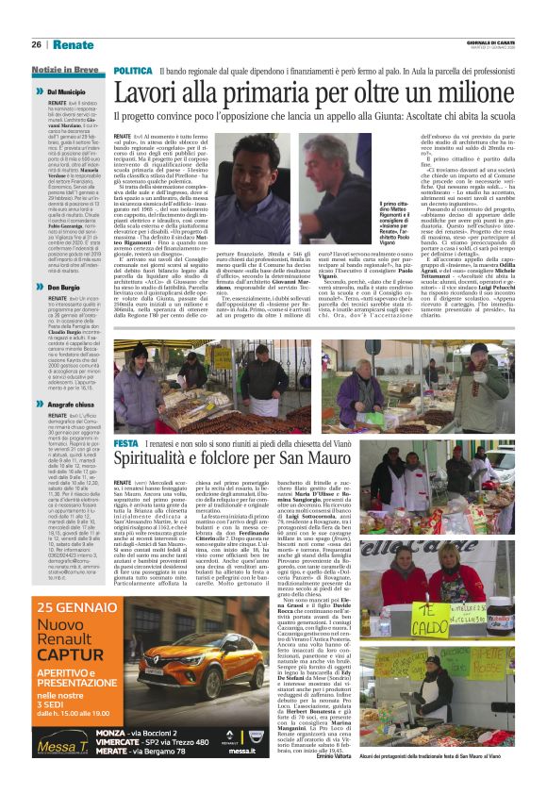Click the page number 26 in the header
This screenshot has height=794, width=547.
point(36,44)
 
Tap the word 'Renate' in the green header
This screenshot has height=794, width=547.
point(74,44)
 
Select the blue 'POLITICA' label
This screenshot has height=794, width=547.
point(133,71)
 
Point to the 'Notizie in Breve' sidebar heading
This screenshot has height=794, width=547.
point(66,70)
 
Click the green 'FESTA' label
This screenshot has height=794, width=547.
point(125,443)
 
